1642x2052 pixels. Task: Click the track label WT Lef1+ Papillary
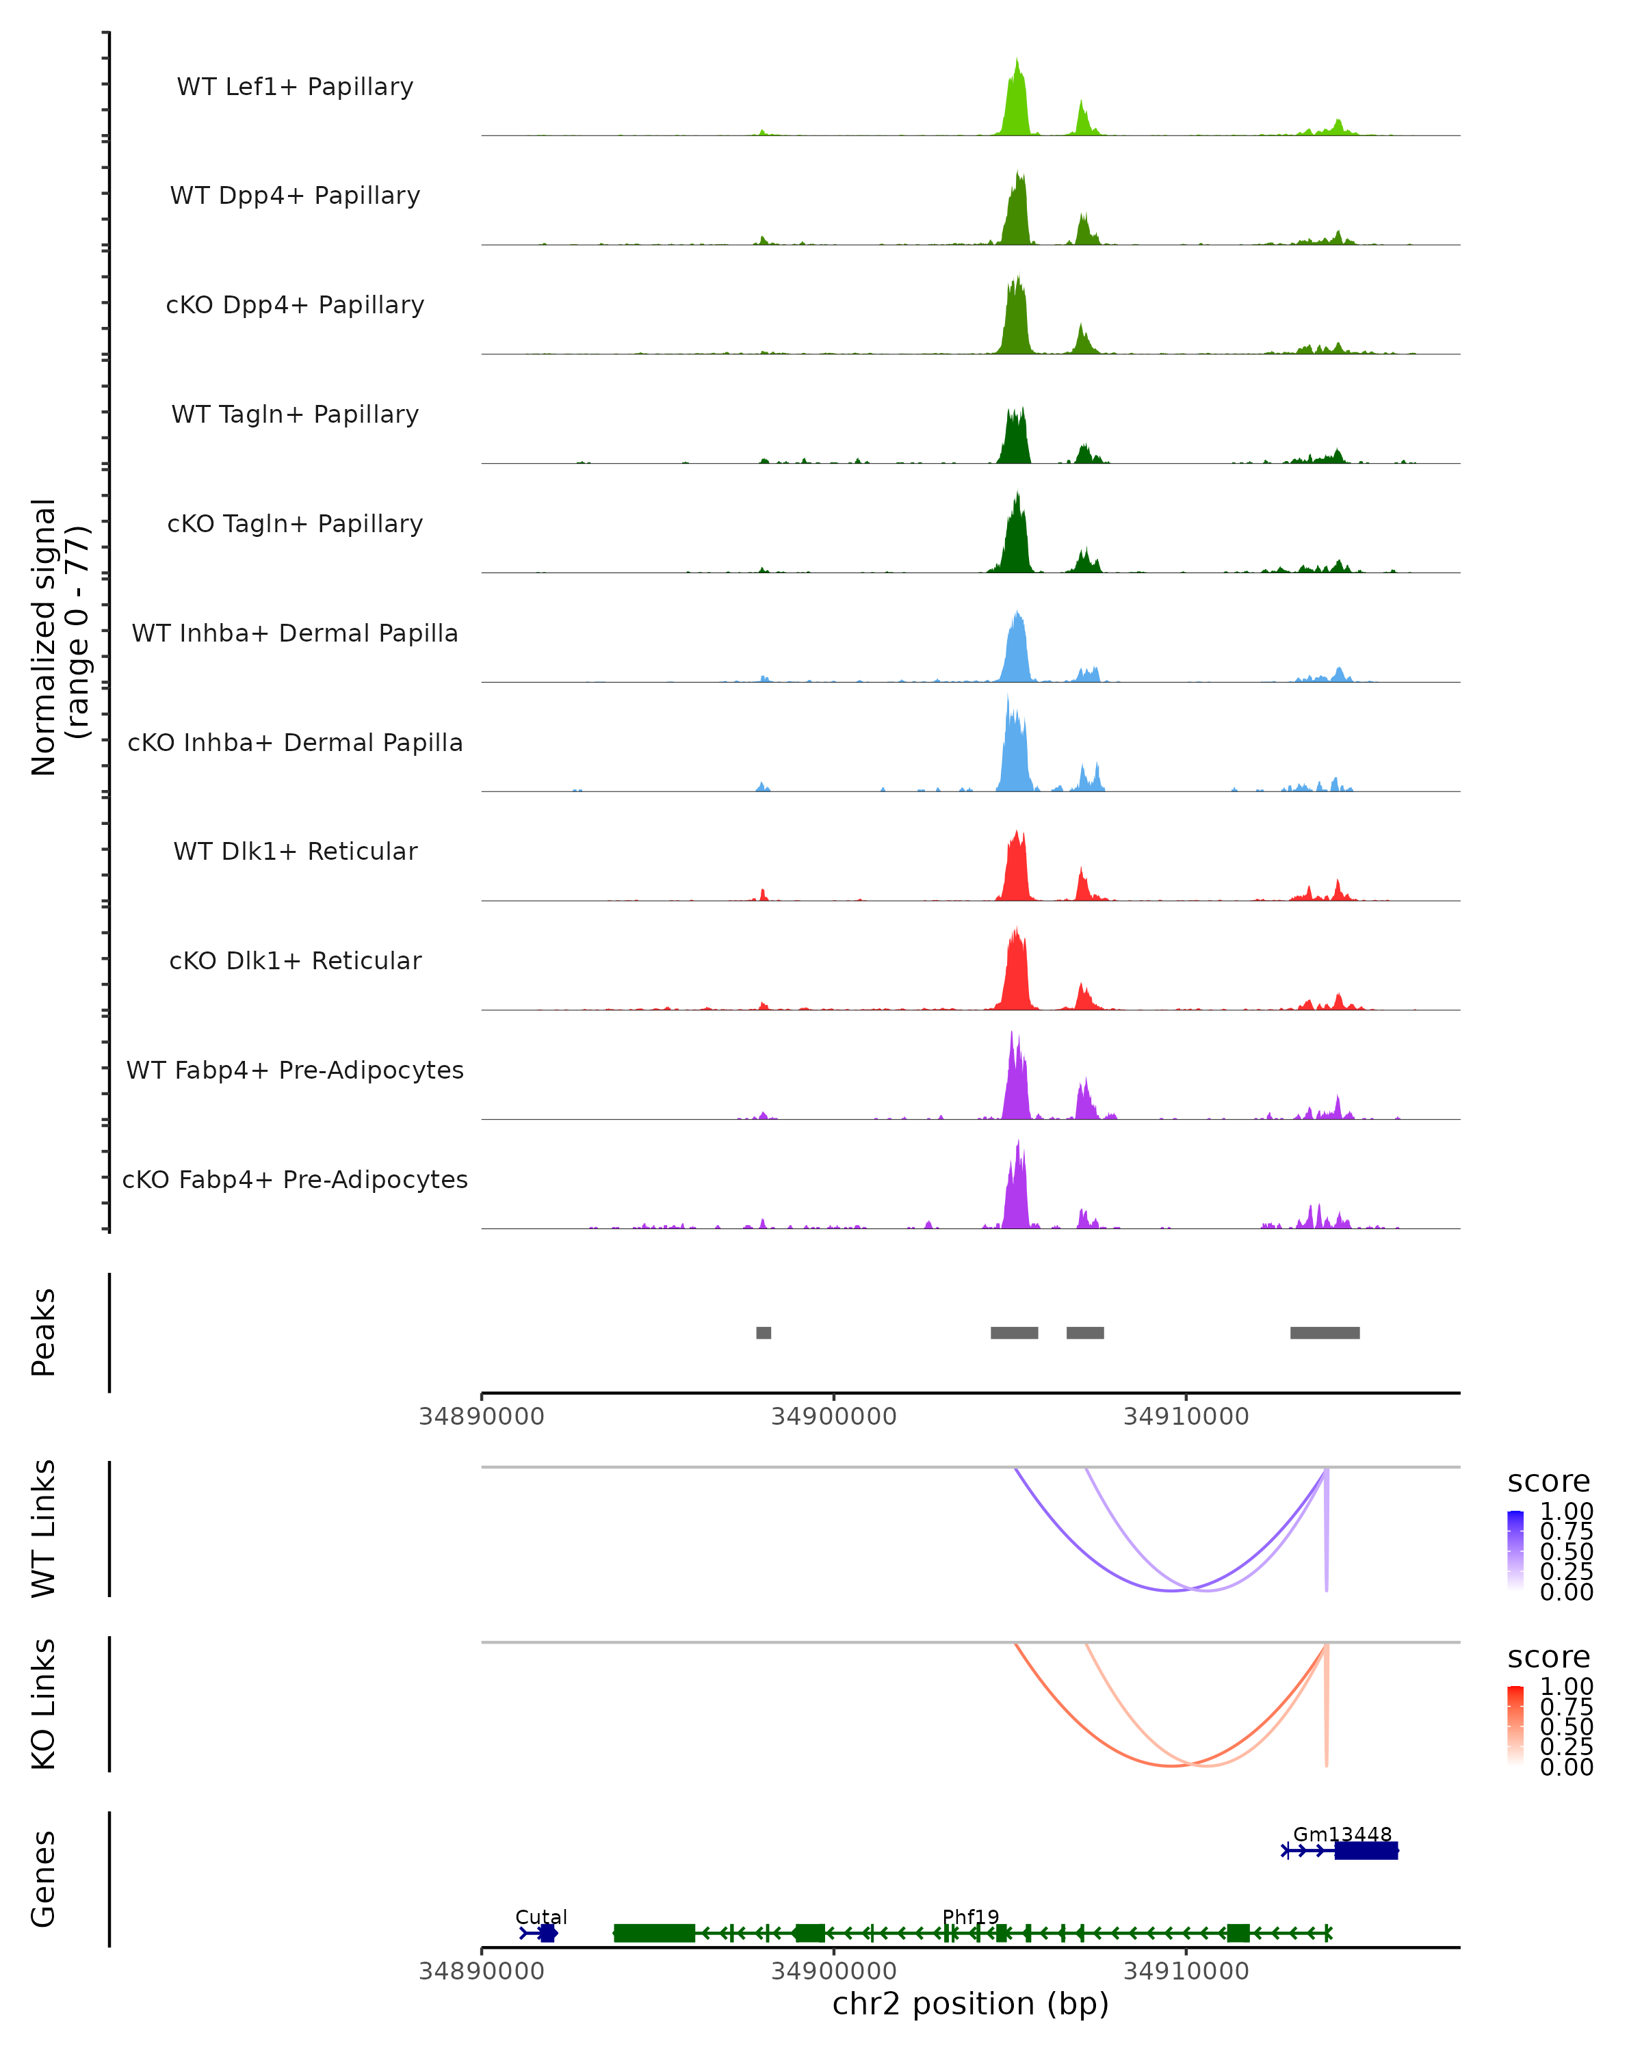(x=295, y=87)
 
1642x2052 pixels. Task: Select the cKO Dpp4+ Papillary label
(x=295, y=304)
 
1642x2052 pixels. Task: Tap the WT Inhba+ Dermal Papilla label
(x=295, y=633)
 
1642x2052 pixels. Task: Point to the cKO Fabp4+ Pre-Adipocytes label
(x=295, y=1179)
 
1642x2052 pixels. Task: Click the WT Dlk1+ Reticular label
(x=295, y=851)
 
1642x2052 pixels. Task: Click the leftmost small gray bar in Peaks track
(x=764, y=1332)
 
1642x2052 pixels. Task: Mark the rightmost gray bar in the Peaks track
(x=1324, y=1332)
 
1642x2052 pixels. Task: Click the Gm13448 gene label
(x=1342, y=1834)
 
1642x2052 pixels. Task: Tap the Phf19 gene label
(x=970, y=1917)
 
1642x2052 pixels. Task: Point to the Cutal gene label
(x=540, y=1917)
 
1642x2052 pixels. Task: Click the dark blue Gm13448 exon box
(x=1366, y=1850)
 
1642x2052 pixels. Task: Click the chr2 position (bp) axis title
(x=970, y=2003)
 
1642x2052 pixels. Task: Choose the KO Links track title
(x=44, y=1705)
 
